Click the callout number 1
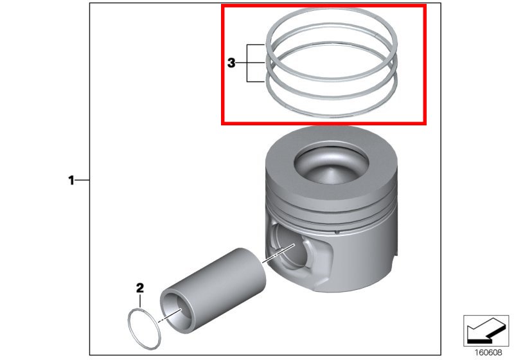pos(71,181)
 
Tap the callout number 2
pos(140,288)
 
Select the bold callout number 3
pos(231,62)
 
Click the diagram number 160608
pos(488,353)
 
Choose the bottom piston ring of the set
pos(331,115)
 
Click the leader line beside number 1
pos(82,181)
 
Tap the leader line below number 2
pos(140,301)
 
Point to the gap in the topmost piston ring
pos(377,34)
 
